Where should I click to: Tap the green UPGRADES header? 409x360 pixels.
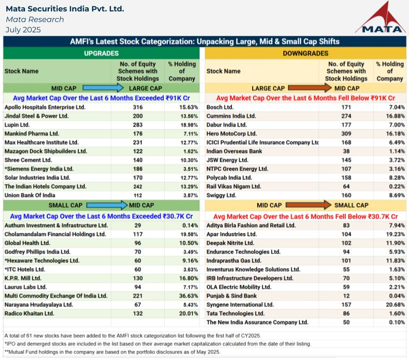pyautogui.click(x=101, y=53)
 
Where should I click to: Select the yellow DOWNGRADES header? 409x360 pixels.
pyautogui.click(x=306, y=53)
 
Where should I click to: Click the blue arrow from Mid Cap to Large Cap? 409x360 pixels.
pyautogui.click(x=103, y=88)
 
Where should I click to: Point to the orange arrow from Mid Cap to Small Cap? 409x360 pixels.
pyautogui.click(x=309, y=205)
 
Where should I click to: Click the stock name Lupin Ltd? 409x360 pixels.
pyautogui.click(x=17, y=125)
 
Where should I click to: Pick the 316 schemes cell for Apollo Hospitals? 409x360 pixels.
pyautogui.click(x=138, y=107)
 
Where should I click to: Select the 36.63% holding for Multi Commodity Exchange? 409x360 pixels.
pyautogui.click(x=189, y=296)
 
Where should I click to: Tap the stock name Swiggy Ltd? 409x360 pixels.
pyautogui.click(x=221, y=195)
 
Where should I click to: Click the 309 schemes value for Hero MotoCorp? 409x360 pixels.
pyautogui.click(x=346, y=134)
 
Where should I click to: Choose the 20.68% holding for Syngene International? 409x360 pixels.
pyautogui.click(x=395, y=304)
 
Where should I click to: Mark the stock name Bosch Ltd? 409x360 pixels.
pyautogui.click(x=220, y=107)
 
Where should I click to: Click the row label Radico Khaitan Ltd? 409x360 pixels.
pyautogui.click(x=29, y=313)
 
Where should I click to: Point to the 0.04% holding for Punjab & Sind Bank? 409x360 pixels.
pyautogui.click(x=397, y=296)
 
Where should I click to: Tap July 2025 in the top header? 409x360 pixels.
pyautogui.click(x=23, y=30)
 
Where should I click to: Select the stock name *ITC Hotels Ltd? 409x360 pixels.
pyautogui.click(x=25, y=269)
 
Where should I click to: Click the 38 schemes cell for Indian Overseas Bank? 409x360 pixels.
pyautogui.click(x=346, y=151)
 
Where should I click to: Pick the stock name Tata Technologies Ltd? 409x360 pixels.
pyautogui.click(x=235, y=313)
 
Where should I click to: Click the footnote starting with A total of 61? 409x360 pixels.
pyautogui.click(x=133, y=336)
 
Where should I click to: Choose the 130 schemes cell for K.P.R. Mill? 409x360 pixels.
pyautogui.click(x=138, y=278)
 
